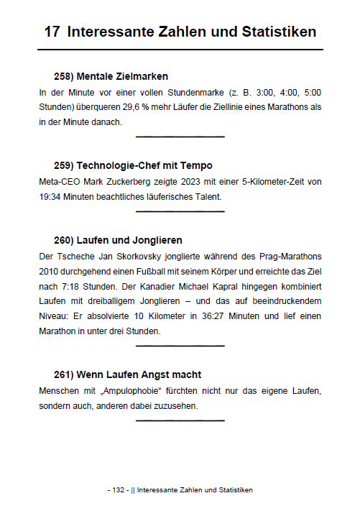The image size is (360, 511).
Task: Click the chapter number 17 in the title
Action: click(52, 32)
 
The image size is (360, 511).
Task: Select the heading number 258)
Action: click(65, 76)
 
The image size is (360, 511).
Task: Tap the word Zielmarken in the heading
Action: click(143, 76)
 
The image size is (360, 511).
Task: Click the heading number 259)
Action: click(65, 165)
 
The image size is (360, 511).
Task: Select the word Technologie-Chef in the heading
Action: click(121, 165)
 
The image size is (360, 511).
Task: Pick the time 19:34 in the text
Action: click(52, 196)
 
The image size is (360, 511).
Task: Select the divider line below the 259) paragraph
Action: click(180, 211)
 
